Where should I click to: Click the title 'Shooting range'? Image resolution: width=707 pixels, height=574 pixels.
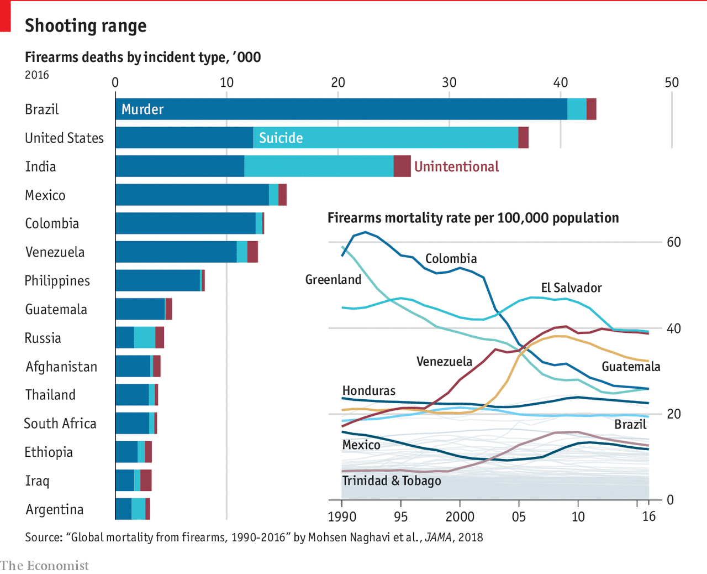click(86, 26)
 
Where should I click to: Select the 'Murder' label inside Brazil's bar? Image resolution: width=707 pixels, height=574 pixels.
click(143, 109)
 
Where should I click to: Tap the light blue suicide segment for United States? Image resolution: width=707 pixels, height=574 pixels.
click(386, 138)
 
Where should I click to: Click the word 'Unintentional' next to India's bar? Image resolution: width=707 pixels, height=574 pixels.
click(456, 166)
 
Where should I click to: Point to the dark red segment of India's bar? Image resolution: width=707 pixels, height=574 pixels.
click(402, 166)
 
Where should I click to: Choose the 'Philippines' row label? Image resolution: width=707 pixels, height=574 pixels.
click(57, 281)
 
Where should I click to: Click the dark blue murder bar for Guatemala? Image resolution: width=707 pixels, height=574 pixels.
click(140, 309)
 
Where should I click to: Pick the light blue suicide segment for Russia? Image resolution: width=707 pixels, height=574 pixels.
click(144, 338)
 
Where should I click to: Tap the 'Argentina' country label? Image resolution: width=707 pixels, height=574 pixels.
click(55, 509)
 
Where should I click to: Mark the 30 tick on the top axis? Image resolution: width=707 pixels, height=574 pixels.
click(449, 83)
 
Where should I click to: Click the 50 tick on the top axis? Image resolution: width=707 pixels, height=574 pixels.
click(672, 83)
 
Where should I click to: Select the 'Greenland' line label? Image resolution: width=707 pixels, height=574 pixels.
click(333, 280)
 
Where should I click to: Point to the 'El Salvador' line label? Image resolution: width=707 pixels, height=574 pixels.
click(571, 288)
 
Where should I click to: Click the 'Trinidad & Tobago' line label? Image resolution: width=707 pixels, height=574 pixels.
click(392, 481)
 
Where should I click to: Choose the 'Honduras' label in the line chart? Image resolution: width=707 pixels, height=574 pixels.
click(368, 391)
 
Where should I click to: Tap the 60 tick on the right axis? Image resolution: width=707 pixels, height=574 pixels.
click(674, 242)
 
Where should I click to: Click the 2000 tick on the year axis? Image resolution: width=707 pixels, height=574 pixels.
click(460, 517)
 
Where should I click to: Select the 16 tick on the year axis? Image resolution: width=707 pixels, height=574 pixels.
click(649, 517)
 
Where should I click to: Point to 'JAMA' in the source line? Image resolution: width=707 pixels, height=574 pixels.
click(439, 538)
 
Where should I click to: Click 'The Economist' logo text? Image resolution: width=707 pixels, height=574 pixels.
click(44, 566)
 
